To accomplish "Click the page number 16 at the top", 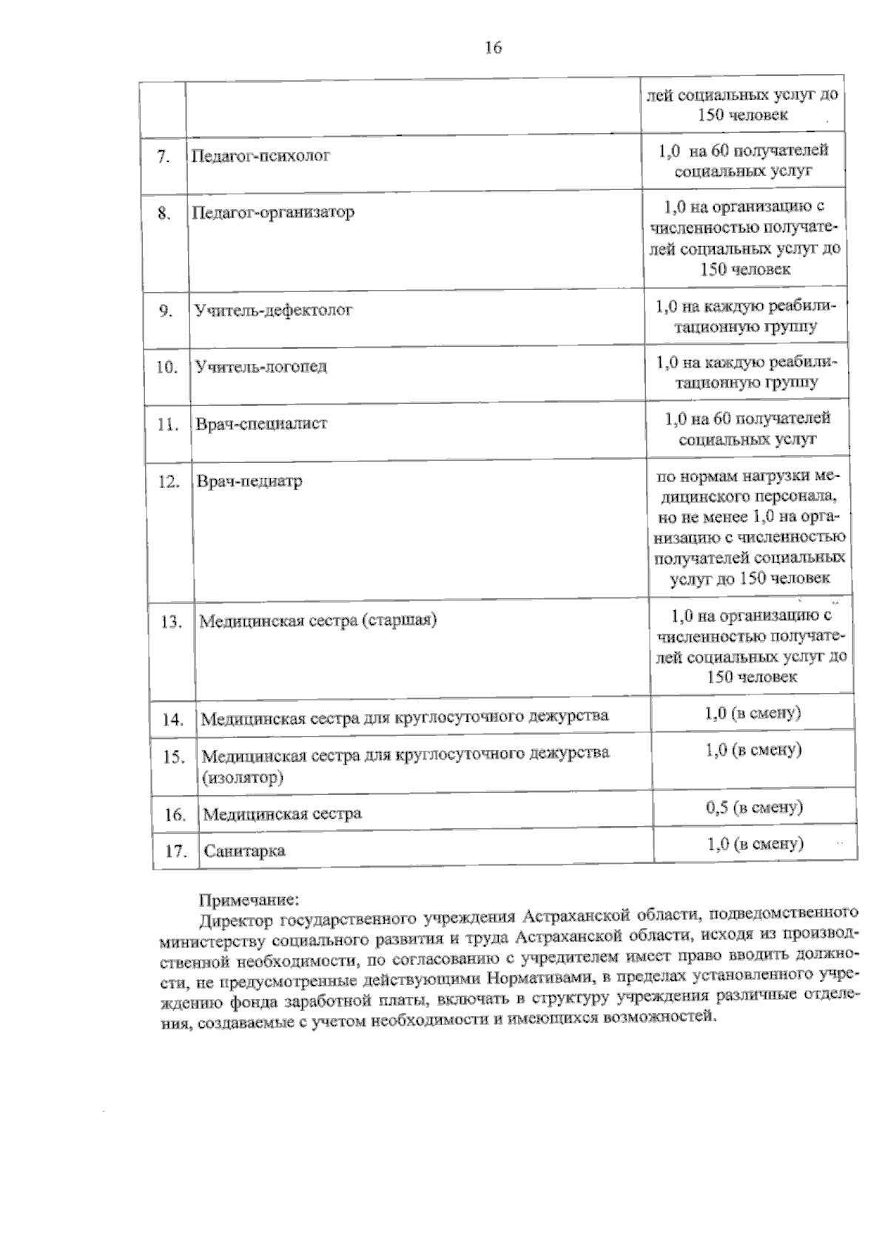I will click(x=493, y=48).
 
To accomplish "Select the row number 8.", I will click(x=164, y=214).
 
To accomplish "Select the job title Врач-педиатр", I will click(x=249, y=481).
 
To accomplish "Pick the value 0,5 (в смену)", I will click(x=754, y=807).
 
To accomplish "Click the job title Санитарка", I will click(x=244, y=850).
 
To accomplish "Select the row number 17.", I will click(x=175, y=850).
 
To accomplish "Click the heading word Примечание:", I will click(x=248, y=900).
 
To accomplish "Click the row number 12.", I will click(x=169, y=482).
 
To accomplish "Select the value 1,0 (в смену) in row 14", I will click(x=753, y=714).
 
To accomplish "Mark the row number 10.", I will click(x=167, y=368).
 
